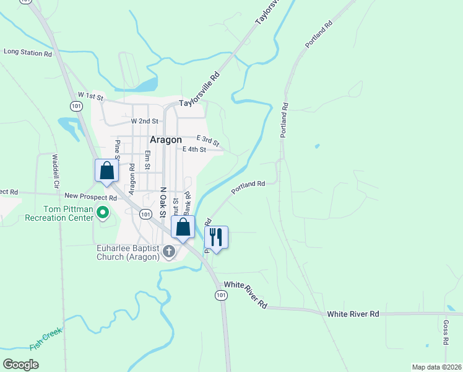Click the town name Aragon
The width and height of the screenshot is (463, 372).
[166, 139]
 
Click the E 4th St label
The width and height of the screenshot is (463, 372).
[194, 149]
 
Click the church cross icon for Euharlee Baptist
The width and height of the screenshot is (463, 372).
[168, 250]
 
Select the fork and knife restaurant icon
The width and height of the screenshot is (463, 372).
[216, 236]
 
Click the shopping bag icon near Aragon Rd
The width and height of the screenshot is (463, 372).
[106, 170]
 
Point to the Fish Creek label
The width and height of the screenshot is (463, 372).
[46, 340]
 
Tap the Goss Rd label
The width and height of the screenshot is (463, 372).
[446, 332]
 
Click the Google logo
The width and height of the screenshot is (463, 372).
[21, 365]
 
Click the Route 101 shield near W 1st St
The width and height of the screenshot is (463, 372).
[76, 107]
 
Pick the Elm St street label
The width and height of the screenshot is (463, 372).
[147, 160]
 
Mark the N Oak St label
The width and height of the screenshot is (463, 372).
[163, 202]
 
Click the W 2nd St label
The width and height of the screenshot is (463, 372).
[145, 121]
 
